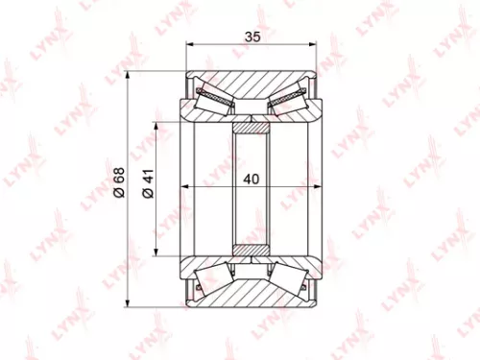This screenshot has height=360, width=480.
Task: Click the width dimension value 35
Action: [x=252, y=36]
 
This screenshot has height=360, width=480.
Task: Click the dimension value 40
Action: [x=252, y=178]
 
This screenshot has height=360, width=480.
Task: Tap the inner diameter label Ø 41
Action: [x=147, y=183]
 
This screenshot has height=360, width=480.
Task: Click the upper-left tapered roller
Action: [x=212, y=97]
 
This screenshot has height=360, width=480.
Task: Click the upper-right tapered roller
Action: [x=291, y=97]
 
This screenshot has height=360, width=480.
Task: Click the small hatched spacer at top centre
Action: [x=252, y=126]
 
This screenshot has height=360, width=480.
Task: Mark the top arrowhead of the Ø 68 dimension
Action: [x=129, y=76]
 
